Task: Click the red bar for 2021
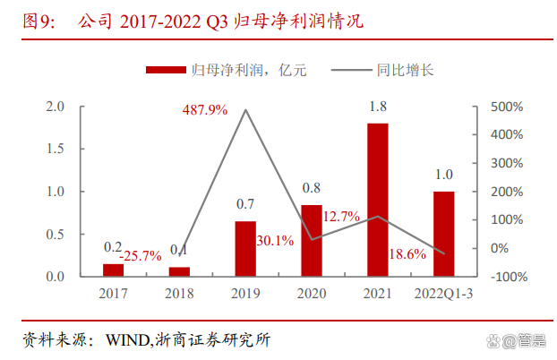(377, 199)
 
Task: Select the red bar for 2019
(245, 248)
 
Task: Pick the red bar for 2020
(312, 240)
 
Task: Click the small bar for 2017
(114, 270)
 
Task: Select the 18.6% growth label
(407, 255)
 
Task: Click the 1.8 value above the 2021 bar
(377, 107)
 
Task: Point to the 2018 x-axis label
(179, 292)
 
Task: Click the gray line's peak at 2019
(245, 110)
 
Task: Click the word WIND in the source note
(127, 340)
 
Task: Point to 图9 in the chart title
(38, 20)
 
